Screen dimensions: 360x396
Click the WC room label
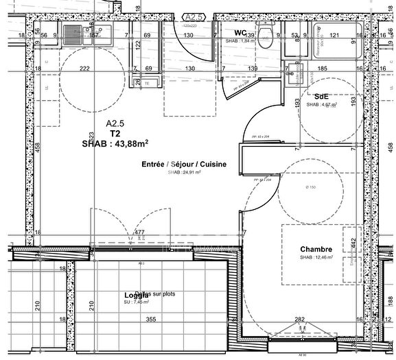point(240,32)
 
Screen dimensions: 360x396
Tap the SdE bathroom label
point(321,96)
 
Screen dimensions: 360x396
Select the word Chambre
point(316,249)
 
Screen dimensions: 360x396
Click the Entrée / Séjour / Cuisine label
point(184,165)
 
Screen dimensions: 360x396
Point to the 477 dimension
point(139,233)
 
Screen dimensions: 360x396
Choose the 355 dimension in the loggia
point(151,319)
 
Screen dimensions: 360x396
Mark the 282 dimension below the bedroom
point(300,319)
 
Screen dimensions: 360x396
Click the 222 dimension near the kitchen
point(84,69)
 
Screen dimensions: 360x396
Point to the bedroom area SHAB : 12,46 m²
point(316,258)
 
